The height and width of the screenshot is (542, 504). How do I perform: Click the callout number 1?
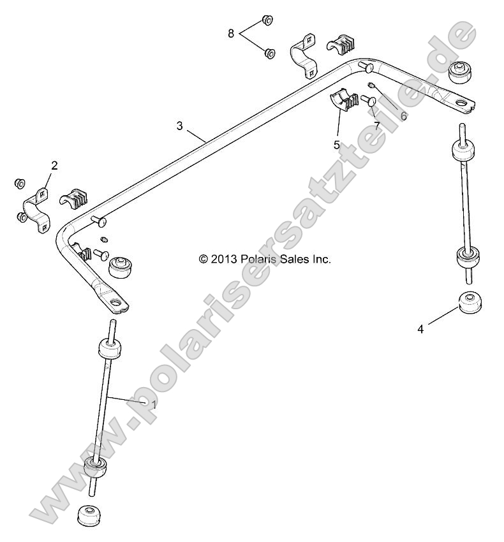click(x=153, y=404)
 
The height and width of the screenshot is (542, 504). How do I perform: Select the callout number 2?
click(x=54, y=166)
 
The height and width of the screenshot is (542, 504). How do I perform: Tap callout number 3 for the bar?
click(x=180, y=126)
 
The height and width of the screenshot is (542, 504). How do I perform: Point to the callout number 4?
click(x=420, y=329)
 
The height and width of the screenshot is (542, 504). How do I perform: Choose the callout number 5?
click(x=336, y=145)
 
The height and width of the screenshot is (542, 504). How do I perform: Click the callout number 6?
click(x=403, y=116)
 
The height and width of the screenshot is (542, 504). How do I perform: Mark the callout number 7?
click(x=377, y=126)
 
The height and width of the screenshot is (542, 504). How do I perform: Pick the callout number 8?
click(x=231, y=33)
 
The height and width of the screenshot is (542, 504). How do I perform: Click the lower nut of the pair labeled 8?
click(x=269, y=52)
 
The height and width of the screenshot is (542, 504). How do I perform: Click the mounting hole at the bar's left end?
click(x=116, y=304)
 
